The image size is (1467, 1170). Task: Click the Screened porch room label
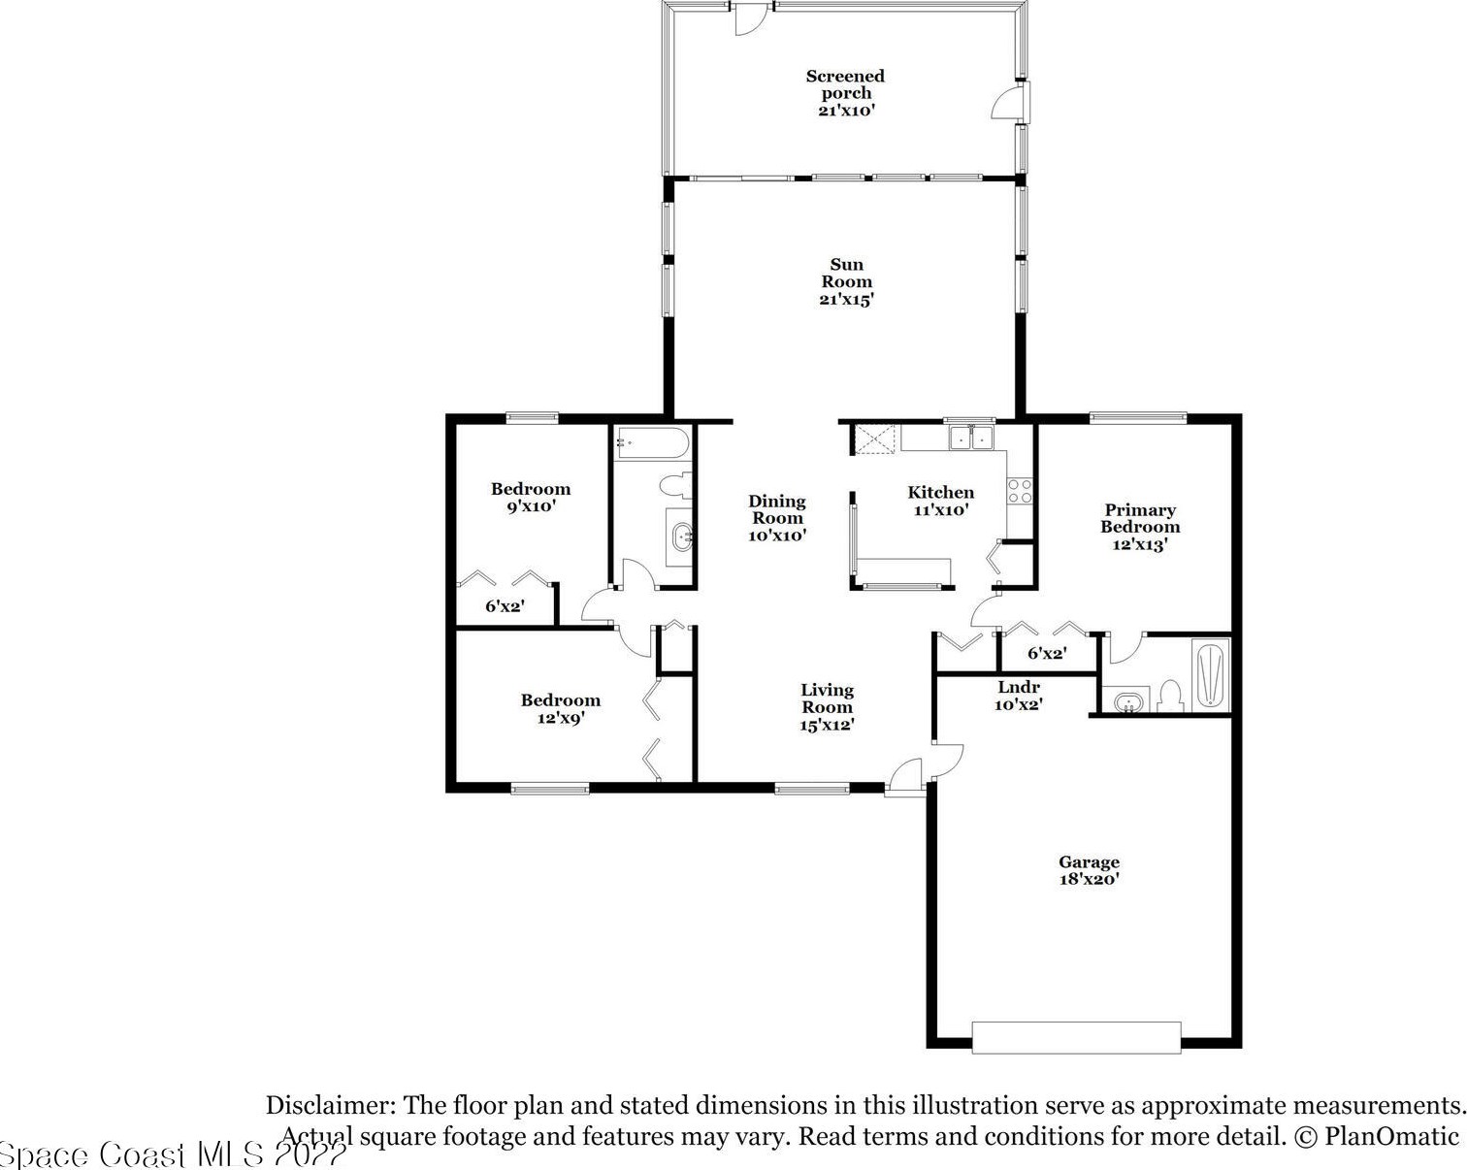[845, 84]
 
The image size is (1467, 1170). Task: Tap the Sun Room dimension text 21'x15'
[847, 300]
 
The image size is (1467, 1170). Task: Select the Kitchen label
[941, 492]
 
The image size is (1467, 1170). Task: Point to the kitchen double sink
[971, 438]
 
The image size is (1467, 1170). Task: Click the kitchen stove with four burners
[1020, 491]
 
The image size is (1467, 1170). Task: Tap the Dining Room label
[777, 509]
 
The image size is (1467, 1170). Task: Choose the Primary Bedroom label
[1140, 518]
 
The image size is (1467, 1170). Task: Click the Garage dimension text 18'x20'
[1090, 879]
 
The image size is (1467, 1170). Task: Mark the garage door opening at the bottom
[1076, 1037]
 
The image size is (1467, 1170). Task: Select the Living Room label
[827, 699]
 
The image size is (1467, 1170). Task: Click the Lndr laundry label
[1019, 687]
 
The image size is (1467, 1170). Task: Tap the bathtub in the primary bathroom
[1211, 673]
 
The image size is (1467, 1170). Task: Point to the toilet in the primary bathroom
[1170, 697]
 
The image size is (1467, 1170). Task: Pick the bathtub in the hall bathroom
[652, 443]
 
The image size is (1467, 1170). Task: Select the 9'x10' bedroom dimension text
[531, 506]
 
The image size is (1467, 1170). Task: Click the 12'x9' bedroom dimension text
[561, 718]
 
